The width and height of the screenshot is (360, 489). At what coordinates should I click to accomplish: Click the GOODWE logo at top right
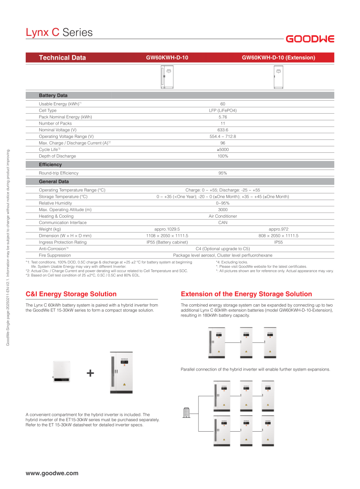pos(310,39)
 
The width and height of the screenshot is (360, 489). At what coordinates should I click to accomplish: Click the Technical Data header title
pos(62,58)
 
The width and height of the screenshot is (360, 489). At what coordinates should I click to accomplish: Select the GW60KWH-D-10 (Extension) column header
pos(278,58)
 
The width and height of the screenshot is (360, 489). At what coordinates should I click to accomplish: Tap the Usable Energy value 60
pos(222,104)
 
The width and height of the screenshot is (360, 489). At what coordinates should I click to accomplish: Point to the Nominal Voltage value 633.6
pos(222,130)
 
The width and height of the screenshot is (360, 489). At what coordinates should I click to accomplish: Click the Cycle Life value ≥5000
pos(222,149)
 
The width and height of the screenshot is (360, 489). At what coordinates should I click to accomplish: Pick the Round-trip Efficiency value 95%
pos(222,173)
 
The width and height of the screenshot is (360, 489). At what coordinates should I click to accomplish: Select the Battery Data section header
pos(53,96)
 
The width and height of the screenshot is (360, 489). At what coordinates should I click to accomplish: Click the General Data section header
pos(53,181)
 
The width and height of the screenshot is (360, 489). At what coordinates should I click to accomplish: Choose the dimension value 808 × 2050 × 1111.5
pos(278,236)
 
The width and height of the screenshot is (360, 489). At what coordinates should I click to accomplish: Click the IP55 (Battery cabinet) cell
pos(167,242)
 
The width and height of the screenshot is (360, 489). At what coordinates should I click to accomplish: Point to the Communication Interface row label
pos(63,223)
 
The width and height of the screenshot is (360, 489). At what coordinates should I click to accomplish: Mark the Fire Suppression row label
pos(55,255)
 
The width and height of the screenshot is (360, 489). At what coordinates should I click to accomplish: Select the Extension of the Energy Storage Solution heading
pos(246,294)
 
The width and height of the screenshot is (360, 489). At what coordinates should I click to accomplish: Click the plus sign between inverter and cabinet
pos(90,373)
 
